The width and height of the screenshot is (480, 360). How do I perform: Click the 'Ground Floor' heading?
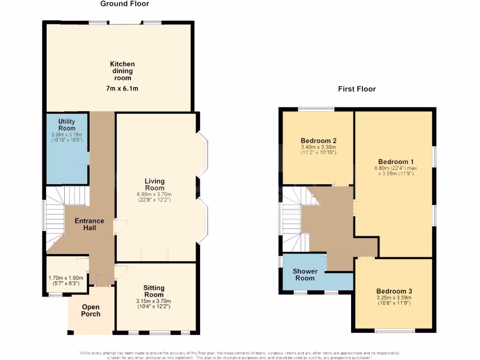[x=125, y=4]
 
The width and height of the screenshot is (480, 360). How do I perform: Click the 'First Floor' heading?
[x=357, y=89]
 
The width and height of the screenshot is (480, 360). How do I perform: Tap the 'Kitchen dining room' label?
[x=122, y=71]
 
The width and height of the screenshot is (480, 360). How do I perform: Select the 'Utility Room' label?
[x=67, y=125]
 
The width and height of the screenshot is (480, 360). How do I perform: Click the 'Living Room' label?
[x=154, y=184]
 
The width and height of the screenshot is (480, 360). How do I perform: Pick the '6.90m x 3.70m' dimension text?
[x=154, y=194]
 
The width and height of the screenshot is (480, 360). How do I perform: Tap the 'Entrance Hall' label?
[x=90, y=224]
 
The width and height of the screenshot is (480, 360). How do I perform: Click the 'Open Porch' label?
[x=90, y=310]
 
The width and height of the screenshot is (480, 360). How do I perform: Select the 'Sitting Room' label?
[x=154, y=291]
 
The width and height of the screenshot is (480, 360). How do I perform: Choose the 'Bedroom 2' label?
[x=319, y=141]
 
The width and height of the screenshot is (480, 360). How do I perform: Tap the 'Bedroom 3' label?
[x=394, y=291]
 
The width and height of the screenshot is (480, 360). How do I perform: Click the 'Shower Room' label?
[x=305, y=275]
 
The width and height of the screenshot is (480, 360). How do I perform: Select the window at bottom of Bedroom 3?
[x=394, y=331]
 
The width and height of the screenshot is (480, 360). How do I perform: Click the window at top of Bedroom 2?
[x=316, y=109]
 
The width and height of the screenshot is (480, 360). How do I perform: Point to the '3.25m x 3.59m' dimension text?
[x=394, y=297]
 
